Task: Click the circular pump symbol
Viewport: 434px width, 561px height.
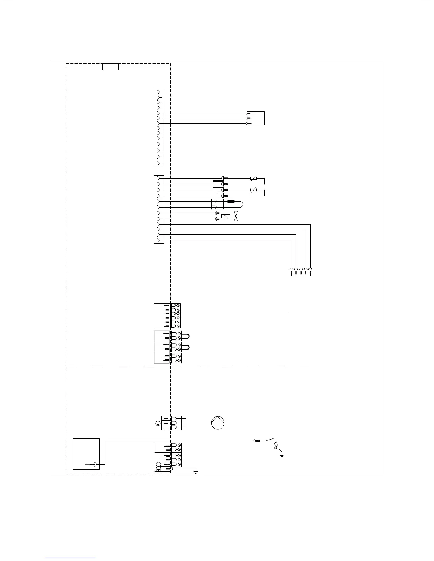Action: tap(218, 423)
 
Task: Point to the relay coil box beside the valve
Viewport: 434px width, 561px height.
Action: tap(225, 216)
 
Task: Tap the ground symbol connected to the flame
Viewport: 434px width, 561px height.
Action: tap(282, 454)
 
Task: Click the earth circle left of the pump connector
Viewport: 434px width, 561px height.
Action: tap(158, 423)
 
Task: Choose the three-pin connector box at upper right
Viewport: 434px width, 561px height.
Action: tap(256, 118)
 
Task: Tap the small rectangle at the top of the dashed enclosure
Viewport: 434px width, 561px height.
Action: tap(110, 67)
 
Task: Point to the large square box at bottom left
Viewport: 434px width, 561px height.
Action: tap(86, 454)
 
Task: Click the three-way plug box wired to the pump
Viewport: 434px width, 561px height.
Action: tap(176, 423)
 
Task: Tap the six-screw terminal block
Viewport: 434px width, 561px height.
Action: tap(176, 316)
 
